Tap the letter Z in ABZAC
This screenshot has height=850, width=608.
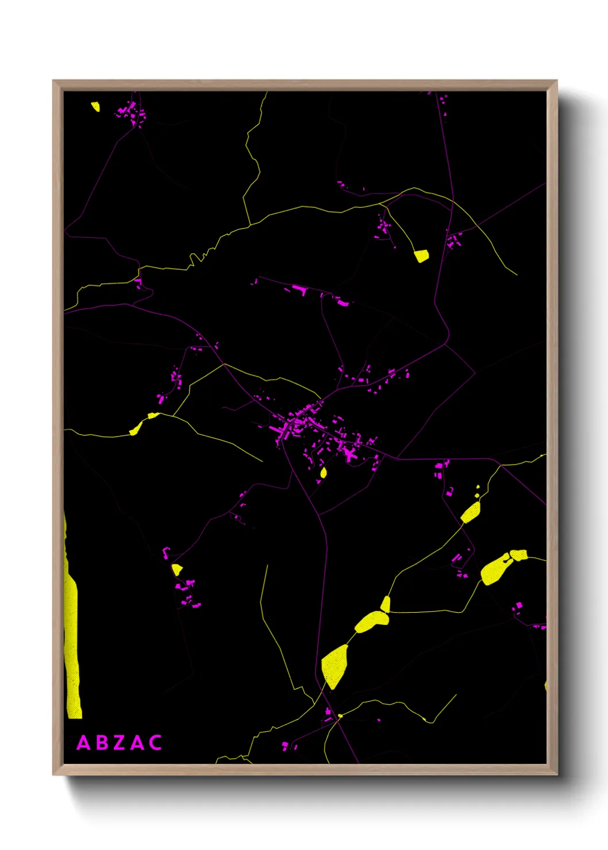[x=119, y=743]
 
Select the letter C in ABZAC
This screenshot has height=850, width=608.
[x=155, y=743]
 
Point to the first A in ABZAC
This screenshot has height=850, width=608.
[x=83, y=743]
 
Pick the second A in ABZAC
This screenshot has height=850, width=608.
[x=137, y=743]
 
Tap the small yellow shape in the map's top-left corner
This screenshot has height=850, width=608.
[x=95, y=106]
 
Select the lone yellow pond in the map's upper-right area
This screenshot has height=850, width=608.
[x=422, y=256]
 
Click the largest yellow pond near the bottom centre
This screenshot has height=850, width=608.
[x=334, y=664]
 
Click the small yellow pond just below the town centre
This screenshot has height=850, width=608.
[x=324, y=473]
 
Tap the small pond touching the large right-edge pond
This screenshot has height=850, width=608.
[x=519, y=554]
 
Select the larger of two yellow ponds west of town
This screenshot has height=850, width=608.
[x=136, y=428]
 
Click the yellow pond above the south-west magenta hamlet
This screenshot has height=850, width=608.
[x=177, y=569]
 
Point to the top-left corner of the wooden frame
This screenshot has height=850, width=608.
[x=54, y=82]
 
